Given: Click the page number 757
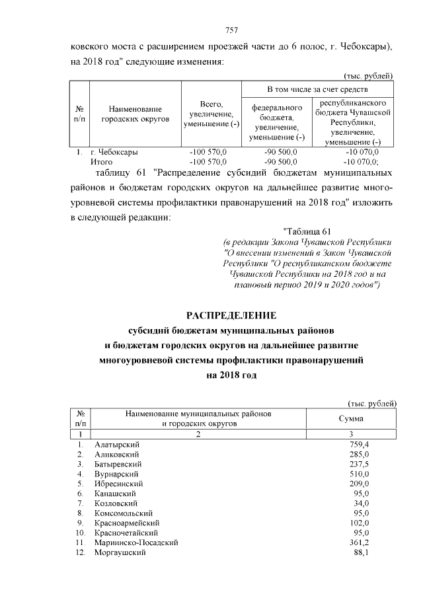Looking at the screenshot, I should click(231, 30).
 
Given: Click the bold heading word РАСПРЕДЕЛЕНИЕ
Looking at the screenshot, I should click(231, 315).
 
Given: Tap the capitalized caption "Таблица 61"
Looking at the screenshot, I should click(305, 231).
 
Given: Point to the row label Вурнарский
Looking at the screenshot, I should click(116, 474).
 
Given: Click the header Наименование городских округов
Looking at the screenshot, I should click(135, 113).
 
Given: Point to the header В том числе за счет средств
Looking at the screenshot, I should click(317, 89).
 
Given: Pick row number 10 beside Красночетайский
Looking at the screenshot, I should click(81, 532).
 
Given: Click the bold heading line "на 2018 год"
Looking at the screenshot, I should click(231, 375).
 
